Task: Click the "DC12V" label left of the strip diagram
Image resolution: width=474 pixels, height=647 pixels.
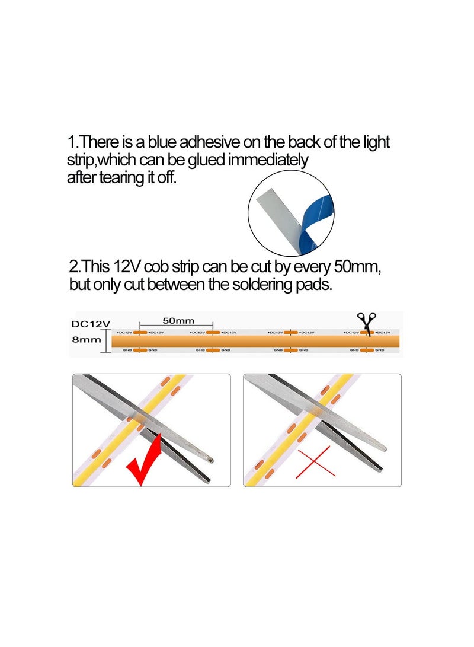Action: pyautogui.click(x=91, y=324)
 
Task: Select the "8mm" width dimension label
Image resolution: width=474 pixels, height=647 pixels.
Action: pyautogui.click(x=85, y=340)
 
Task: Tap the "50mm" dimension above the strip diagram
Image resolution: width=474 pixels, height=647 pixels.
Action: pyautogui.click(x=178, y=321)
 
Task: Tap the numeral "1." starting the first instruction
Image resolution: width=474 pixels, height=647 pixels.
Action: pyautogui.click(x=72, y=142)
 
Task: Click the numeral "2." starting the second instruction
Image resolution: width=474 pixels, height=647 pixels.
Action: pyautogui.click(x=75, y=267)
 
